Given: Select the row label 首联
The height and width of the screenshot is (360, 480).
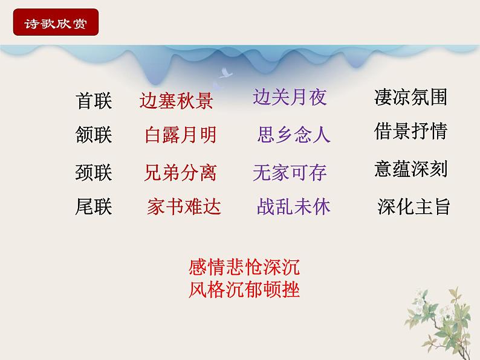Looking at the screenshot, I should tap(94, 101).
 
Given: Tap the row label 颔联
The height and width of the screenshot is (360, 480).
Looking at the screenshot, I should tap(94, 135).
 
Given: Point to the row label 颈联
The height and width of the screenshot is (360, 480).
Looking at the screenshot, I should tap(94, 173).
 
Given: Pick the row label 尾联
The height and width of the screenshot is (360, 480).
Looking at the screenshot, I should tap(94, 207).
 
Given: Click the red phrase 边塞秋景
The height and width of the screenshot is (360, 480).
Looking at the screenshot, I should tap(176, 101).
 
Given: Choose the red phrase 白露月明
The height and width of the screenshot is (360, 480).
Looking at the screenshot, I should tap(180, 135).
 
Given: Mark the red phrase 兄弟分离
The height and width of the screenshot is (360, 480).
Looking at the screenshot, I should tap(180, 173).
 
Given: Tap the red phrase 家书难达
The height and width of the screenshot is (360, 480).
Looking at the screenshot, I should tap(184, 207).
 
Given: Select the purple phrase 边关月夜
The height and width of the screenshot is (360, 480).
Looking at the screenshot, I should tap(290, 97).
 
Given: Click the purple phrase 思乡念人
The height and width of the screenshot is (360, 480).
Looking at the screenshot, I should tap(294, 134).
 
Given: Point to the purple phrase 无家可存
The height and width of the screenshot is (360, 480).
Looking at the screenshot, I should tap(290, 173).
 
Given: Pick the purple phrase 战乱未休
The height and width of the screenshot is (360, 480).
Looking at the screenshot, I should tap(294, 207).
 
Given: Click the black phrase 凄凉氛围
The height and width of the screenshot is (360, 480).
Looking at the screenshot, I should tap(410, 97).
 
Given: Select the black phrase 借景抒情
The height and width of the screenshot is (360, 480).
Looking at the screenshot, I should tap(410, 131).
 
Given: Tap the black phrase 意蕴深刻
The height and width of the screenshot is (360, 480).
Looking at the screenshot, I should tap(410, 169).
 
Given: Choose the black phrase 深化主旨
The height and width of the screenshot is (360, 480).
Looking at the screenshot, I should tap(414, 207).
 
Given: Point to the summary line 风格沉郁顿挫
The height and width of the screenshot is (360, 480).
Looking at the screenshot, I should tap(244, 290).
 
